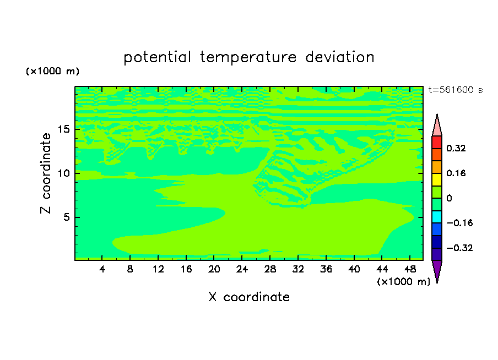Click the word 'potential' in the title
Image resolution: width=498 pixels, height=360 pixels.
(x=157, y=58)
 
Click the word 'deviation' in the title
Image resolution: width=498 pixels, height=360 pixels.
(x=340, y=57)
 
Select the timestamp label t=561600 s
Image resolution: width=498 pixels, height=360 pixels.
(x=456, y=90)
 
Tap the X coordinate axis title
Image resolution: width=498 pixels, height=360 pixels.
(x=249, y=297)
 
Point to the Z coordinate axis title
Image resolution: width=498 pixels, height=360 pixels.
(x=46, y=173)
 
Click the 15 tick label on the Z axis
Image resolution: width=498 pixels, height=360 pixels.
(x=64, y=129)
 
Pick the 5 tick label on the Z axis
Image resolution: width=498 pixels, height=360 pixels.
(x=67, y=217)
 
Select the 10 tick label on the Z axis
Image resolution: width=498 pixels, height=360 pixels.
(x=64, y=173)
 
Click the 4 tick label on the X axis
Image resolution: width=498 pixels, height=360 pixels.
(x=102, y=269)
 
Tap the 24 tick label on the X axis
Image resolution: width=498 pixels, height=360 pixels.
(x=242, y=269)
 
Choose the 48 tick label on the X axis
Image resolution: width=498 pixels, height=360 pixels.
(x=410, y=269)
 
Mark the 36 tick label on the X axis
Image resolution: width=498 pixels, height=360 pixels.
(x=326, y=269)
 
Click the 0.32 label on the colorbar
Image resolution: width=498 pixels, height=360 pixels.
(x=456, y=148)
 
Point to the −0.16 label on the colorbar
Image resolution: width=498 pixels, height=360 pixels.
(x=459, y=223)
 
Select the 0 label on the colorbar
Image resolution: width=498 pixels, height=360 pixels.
(x=449, y=198)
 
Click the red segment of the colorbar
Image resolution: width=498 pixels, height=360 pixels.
(x=437, y=142)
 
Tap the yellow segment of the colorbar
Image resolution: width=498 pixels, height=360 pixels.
(x=437, y=179)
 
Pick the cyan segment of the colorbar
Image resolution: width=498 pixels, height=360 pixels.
(x=437, y=217)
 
